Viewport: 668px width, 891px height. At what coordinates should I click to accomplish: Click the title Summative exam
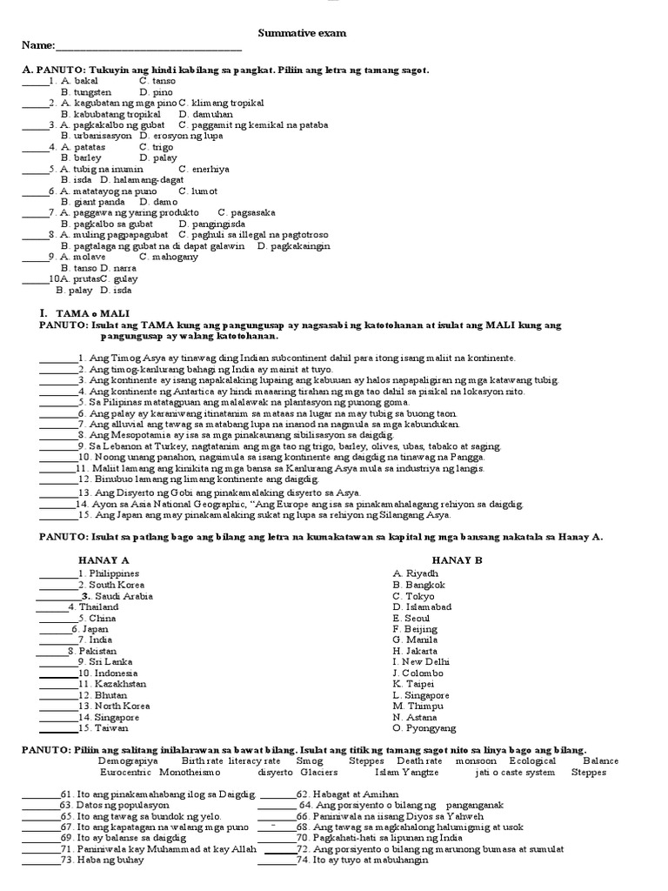click(302, 33)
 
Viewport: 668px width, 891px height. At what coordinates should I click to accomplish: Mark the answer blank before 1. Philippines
click(57, 575)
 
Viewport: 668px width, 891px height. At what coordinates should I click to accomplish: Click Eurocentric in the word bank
click(126, 772)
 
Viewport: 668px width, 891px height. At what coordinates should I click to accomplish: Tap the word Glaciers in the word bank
click(319, 772)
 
